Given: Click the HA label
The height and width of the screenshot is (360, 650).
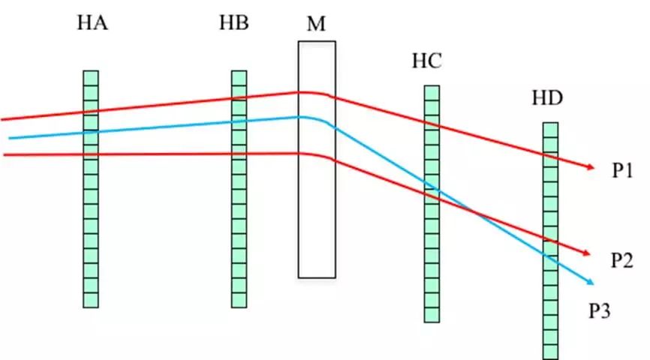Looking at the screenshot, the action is point(92,23).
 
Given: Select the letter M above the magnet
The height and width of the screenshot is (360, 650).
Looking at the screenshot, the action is point(316,24).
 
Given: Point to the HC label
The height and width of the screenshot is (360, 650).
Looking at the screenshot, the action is point(426,61).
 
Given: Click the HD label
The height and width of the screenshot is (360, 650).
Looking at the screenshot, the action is point(546,98).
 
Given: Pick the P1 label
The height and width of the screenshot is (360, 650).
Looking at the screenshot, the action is point(622,171).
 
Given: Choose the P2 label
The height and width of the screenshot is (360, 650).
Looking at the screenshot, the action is point(623,261).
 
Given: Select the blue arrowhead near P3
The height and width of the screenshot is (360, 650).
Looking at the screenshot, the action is point(591,282).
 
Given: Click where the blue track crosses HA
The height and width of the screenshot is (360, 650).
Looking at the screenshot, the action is point(91,133).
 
